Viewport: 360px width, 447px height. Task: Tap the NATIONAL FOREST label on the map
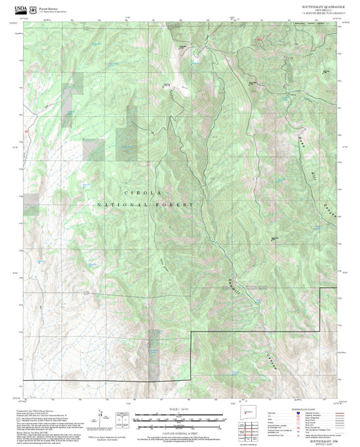pyautogui.click(x=145, y=205)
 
